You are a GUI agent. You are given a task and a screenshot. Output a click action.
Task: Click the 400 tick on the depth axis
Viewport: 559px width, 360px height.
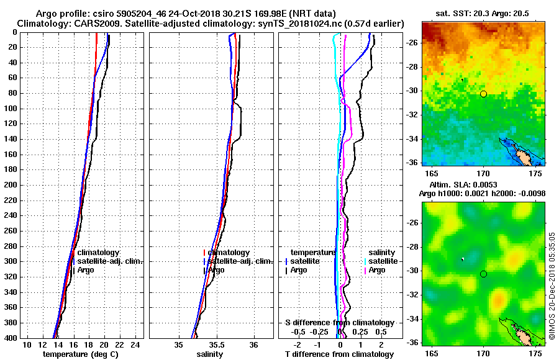(12, 338)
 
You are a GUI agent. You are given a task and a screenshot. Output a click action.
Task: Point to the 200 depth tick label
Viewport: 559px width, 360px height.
(12, 185)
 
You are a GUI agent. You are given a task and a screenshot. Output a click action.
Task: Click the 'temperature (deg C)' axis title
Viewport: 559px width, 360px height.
(80, 354)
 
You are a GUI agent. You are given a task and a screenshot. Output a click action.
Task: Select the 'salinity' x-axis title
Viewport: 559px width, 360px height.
(211, 354)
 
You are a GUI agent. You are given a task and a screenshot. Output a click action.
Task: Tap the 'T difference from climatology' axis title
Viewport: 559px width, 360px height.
(340, 354)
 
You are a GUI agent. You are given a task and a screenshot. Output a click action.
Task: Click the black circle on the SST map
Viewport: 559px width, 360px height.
(483, 94)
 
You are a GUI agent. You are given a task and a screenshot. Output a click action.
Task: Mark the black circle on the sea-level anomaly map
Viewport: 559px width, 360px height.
(483, 274)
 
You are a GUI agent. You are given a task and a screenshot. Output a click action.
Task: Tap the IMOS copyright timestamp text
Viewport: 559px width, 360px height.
(552, 286)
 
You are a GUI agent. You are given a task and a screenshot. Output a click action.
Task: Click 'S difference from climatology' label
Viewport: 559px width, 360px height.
(339, 323)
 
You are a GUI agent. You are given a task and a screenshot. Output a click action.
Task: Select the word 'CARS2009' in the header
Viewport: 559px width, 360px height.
(86, 23)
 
